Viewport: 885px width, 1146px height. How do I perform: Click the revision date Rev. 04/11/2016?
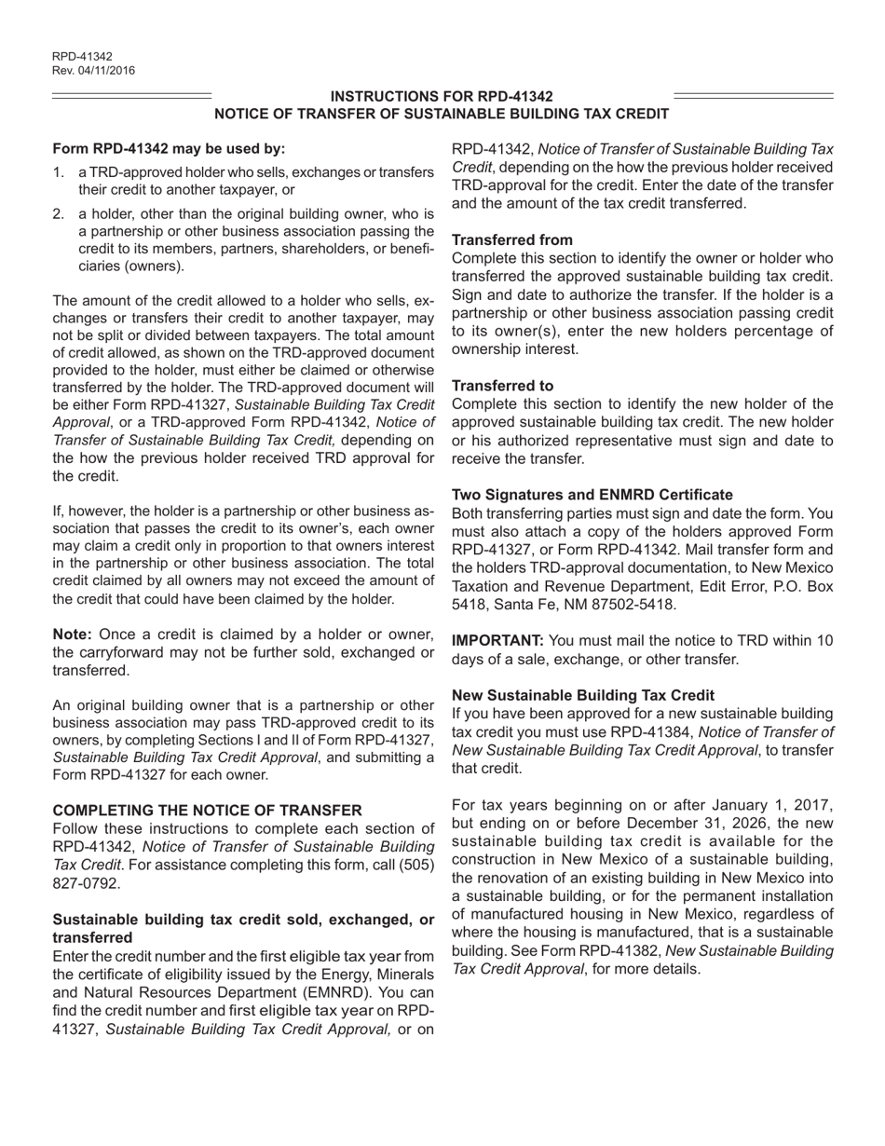(x=93, y=70)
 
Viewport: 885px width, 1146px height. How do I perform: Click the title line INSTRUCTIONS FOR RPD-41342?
(x=442, y=96)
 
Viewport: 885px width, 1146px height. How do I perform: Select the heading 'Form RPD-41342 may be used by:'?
(x=169, y=148)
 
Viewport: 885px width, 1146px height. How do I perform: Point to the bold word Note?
(x=73, y=634)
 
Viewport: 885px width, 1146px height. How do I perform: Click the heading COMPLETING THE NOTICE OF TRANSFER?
(x=207, y=811)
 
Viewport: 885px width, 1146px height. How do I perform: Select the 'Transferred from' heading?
(x=511, y=239)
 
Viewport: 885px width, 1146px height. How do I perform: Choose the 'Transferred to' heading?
(x=502, y=385)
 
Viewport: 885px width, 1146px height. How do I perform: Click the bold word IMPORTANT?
(x=497, y=641)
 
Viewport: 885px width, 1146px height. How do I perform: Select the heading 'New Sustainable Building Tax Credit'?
(x=583, y=695)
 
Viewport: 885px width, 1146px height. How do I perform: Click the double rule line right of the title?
(x=753, y=96)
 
